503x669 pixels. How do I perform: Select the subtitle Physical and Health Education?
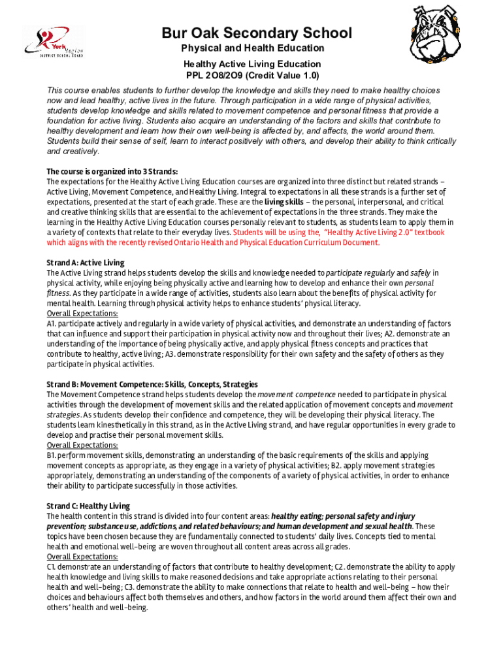point(252,48)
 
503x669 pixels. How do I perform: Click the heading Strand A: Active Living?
point(85,263)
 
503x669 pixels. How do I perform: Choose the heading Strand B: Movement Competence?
point(152,384)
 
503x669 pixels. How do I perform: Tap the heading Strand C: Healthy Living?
point(88,506)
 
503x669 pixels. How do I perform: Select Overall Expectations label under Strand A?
point(82,314)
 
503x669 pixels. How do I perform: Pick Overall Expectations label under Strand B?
point(82,445)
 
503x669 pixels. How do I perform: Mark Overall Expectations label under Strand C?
point(82,557)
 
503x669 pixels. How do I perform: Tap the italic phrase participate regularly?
point(358,272)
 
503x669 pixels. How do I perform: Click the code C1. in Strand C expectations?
point(52,567)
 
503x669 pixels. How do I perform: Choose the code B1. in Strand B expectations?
point(52,455)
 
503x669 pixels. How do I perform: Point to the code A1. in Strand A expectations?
point(52,323)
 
